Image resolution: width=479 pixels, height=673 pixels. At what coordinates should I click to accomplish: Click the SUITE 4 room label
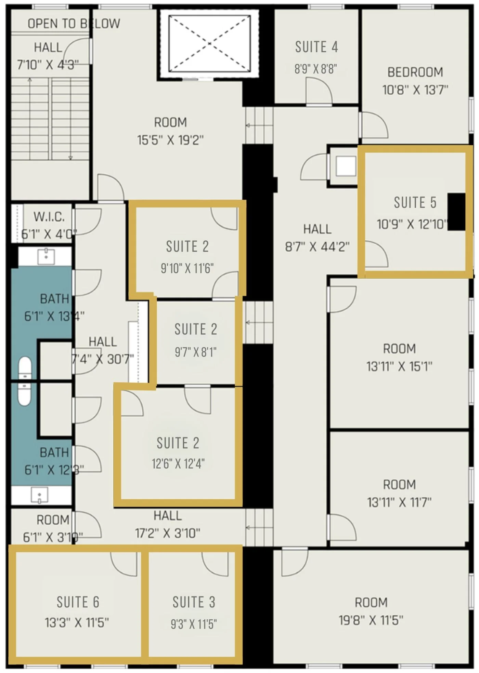point(316,47)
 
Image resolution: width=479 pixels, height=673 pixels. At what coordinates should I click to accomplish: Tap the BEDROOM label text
point(415,72)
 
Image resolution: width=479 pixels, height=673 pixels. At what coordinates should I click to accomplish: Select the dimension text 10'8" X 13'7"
point(415,90)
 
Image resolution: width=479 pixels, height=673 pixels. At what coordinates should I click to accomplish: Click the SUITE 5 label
point(415,202)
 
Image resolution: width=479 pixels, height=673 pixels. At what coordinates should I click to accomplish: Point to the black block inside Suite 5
point(456,212)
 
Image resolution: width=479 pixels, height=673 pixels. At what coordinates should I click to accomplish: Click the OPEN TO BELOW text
point(74,24)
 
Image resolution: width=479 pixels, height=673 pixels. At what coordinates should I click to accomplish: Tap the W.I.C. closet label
point(49,217)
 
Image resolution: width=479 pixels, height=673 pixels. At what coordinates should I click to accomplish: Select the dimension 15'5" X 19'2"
point(170,140)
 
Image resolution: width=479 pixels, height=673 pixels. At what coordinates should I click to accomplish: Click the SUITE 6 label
point(78,602)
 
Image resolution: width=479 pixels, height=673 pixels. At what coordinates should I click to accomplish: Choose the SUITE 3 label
point(194,602)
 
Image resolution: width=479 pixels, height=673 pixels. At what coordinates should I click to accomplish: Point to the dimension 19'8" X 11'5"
point(371,620)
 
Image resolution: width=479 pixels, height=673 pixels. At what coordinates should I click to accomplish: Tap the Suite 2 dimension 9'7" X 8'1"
point(196,351)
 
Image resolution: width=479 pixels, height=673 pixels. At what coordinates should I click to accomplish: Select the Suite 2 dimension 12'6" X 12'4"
point(178,463)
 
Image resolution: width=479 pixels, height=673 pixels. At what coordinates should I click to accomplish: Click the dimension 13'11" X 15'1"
point(399,366)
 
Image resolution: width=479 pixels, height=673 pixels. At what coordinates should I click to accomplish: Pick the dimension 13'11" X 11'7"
point(399,502)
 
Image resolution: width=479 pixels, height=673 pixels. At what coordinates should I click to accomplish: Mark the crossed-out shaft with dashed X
point(209,43)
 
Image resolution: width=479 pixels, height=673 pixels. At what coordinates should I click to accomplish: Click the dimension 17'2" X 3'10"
point(168,533)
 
